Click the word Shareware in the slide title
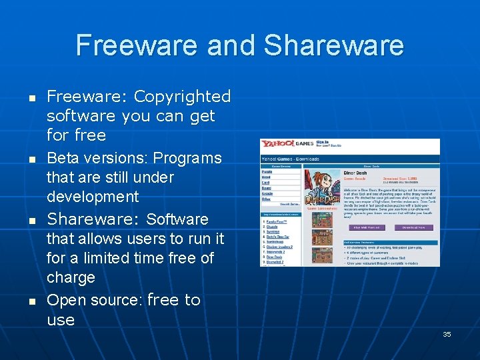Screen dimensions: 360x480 333,45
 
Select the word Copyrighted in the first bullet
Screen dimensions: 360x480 182,97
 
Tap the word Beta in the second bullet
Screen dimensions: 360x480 61,159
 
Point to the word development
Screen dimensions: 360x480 93,197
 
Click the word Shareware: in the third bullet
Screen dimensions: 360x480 94,219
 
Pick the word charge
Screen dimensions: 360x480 71,277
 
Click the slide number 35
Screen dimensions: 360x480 447,334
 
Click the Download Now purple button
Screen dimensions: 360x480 413,227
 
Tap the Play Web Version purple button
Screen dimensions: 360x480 366,227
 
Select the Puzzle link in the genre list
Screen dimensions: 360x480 267,171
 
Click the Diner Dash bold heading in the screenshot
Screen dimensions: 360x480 355,173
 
